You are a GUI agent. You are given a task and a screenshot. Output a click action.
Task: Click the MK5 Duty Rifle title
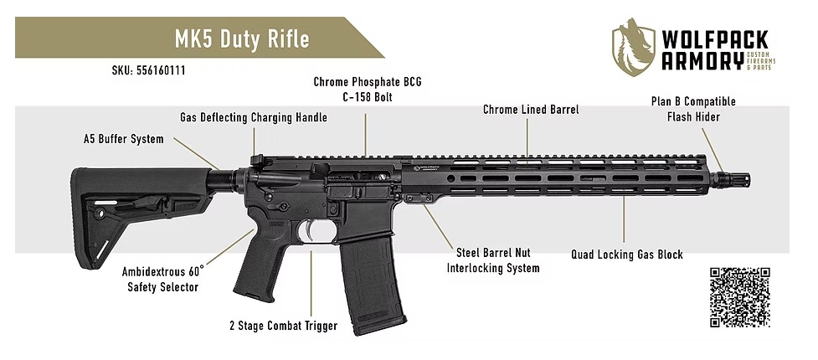point(241,39)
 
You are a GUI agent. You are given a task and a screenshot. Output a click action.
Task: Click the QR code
point(739,297)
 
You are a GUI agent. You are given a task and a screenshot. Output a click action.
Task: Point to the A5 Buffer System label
point(123,139)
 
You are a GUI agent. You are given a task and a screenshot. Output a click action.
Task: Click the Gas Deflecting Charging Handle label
point(253,118)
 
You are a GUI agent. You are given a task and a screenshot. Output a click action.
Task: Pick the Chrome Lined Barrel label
point(531,110)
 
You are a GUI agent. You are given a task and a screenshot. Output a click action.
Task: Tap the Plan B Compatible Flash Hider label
point(693,109)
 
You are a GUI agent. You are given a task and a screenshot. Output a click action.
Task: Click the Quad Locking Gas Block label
point(626,254)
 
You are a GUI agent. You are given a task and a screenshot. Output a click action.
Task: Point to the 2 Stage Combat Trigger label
point(284,326)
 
